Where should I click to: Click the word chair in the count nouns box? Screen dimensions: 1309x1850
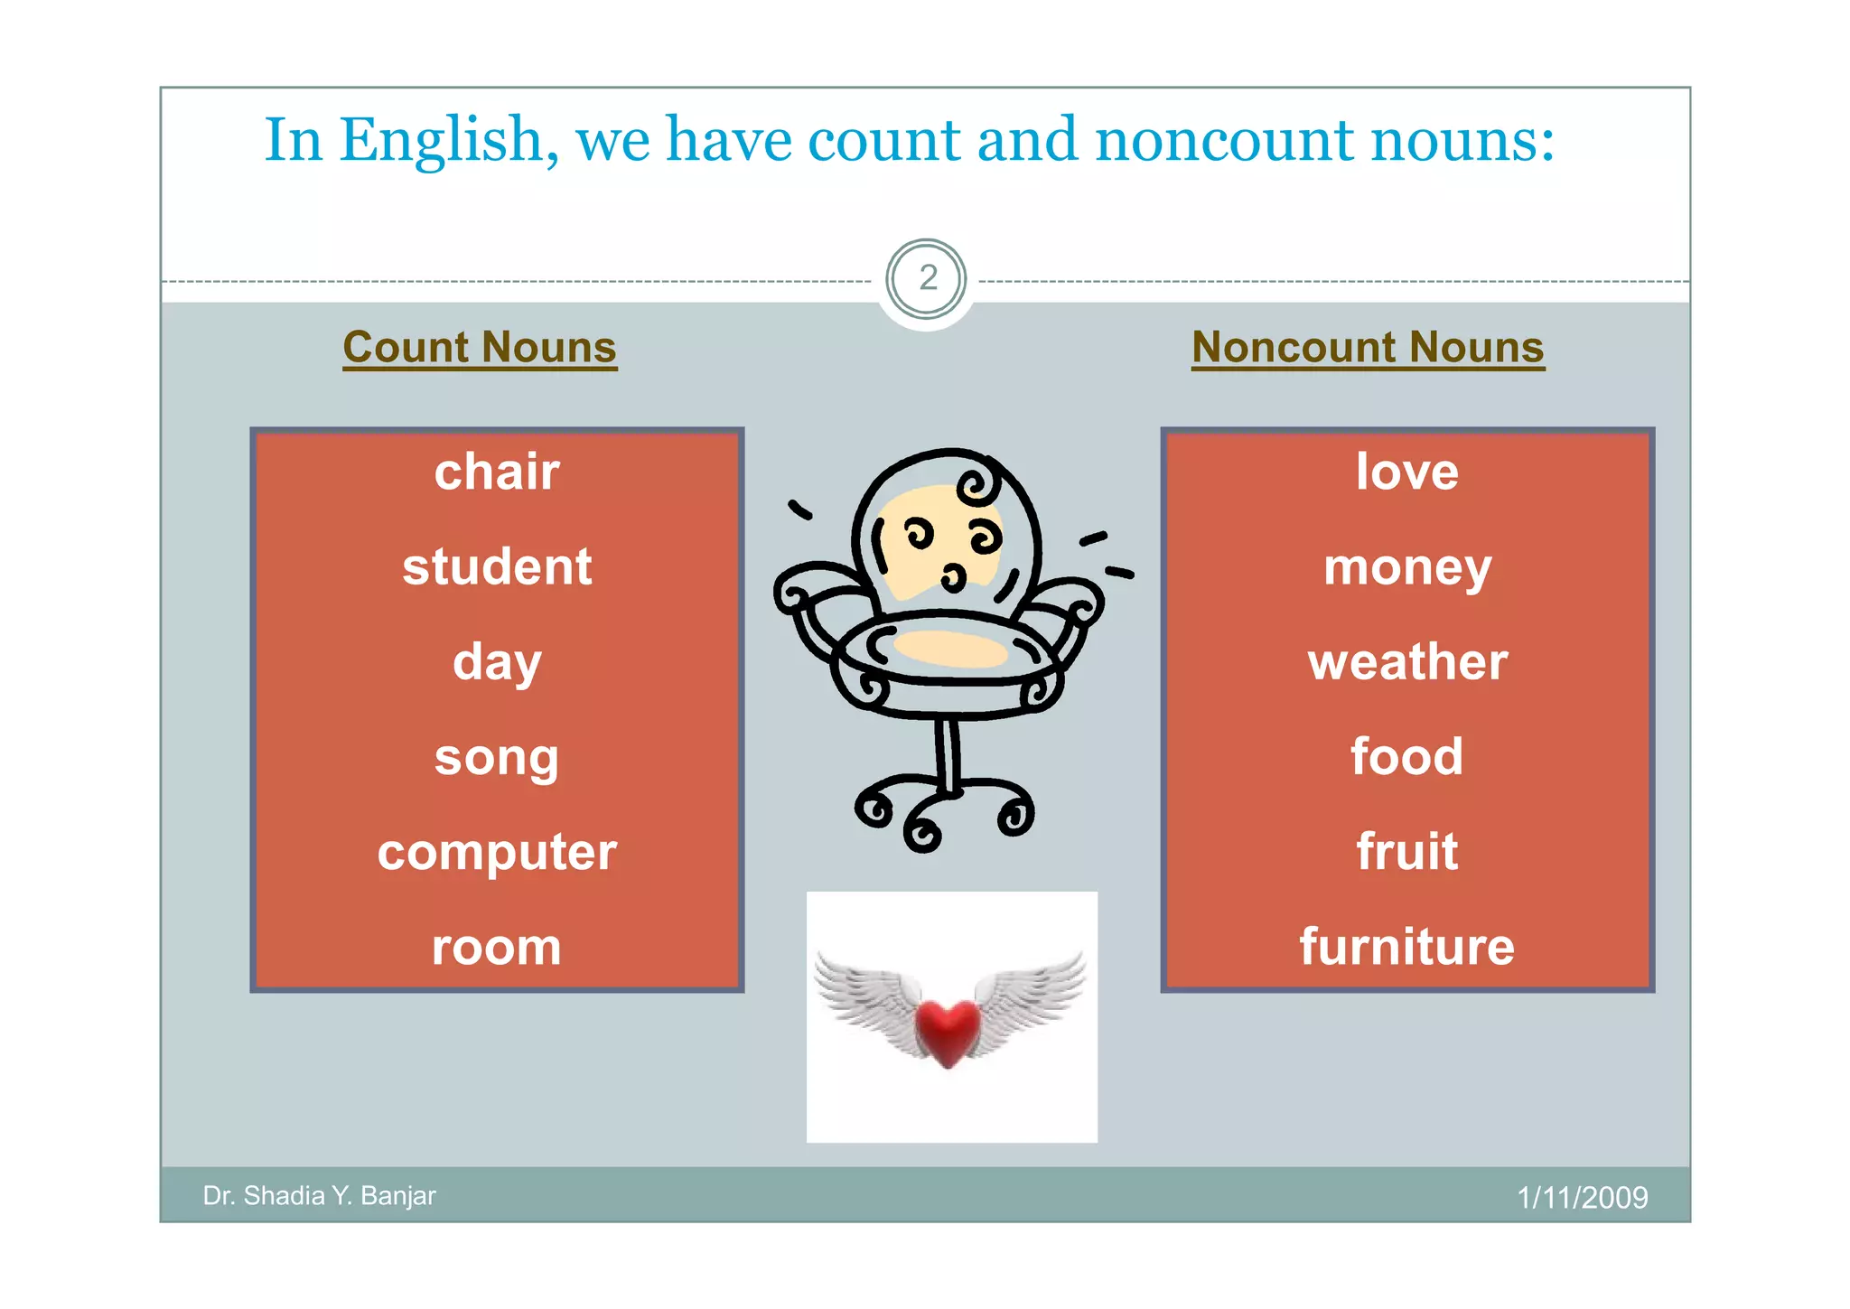(x=497, y=472)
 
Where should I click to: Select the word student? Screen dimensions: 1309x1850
(x=497, y=567)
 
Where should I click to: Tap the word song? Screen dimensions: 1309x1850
(x=497, y=757)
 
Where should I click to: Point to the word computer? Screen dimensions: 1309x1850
(x=497, y=852)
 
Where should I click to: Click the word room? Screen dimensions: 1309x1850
(x=497, y=948)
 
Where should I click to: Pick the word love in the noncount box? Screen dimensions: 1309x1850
(x=1406, y=472)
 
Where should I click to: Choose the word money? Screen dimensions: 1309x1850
(x=1406, y=568)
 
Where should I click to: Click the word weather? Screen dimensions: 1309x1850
(x=1406, y=662)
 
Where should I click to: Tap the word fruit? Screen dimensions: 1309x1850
(x=1406, y=852)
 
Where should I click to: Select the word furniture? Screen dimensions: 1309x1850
(x=1406, y=947)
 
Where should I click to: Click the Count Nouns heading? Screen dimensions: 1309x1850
(x=480, y=348)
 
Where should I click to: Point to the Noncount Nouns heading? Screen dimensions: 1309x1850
(x=1368, y=348)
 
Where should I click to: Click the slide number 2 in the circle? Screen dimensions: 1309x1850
(x=927, y=278)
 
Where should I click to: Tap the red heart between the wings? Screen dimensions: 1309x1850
(x=947, y=1030)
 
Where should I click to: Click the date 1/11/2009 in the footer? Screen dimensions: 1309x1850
(x=1582, y=1198)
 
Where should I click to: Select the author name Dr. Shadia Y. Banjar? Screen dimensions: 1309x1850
(x=319, y=1196)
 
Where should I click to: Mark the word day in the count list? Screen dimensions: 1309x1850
(x=497, y=662)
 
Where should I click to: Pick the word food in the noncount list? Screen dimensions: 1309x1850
(x=1406, y=757)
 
